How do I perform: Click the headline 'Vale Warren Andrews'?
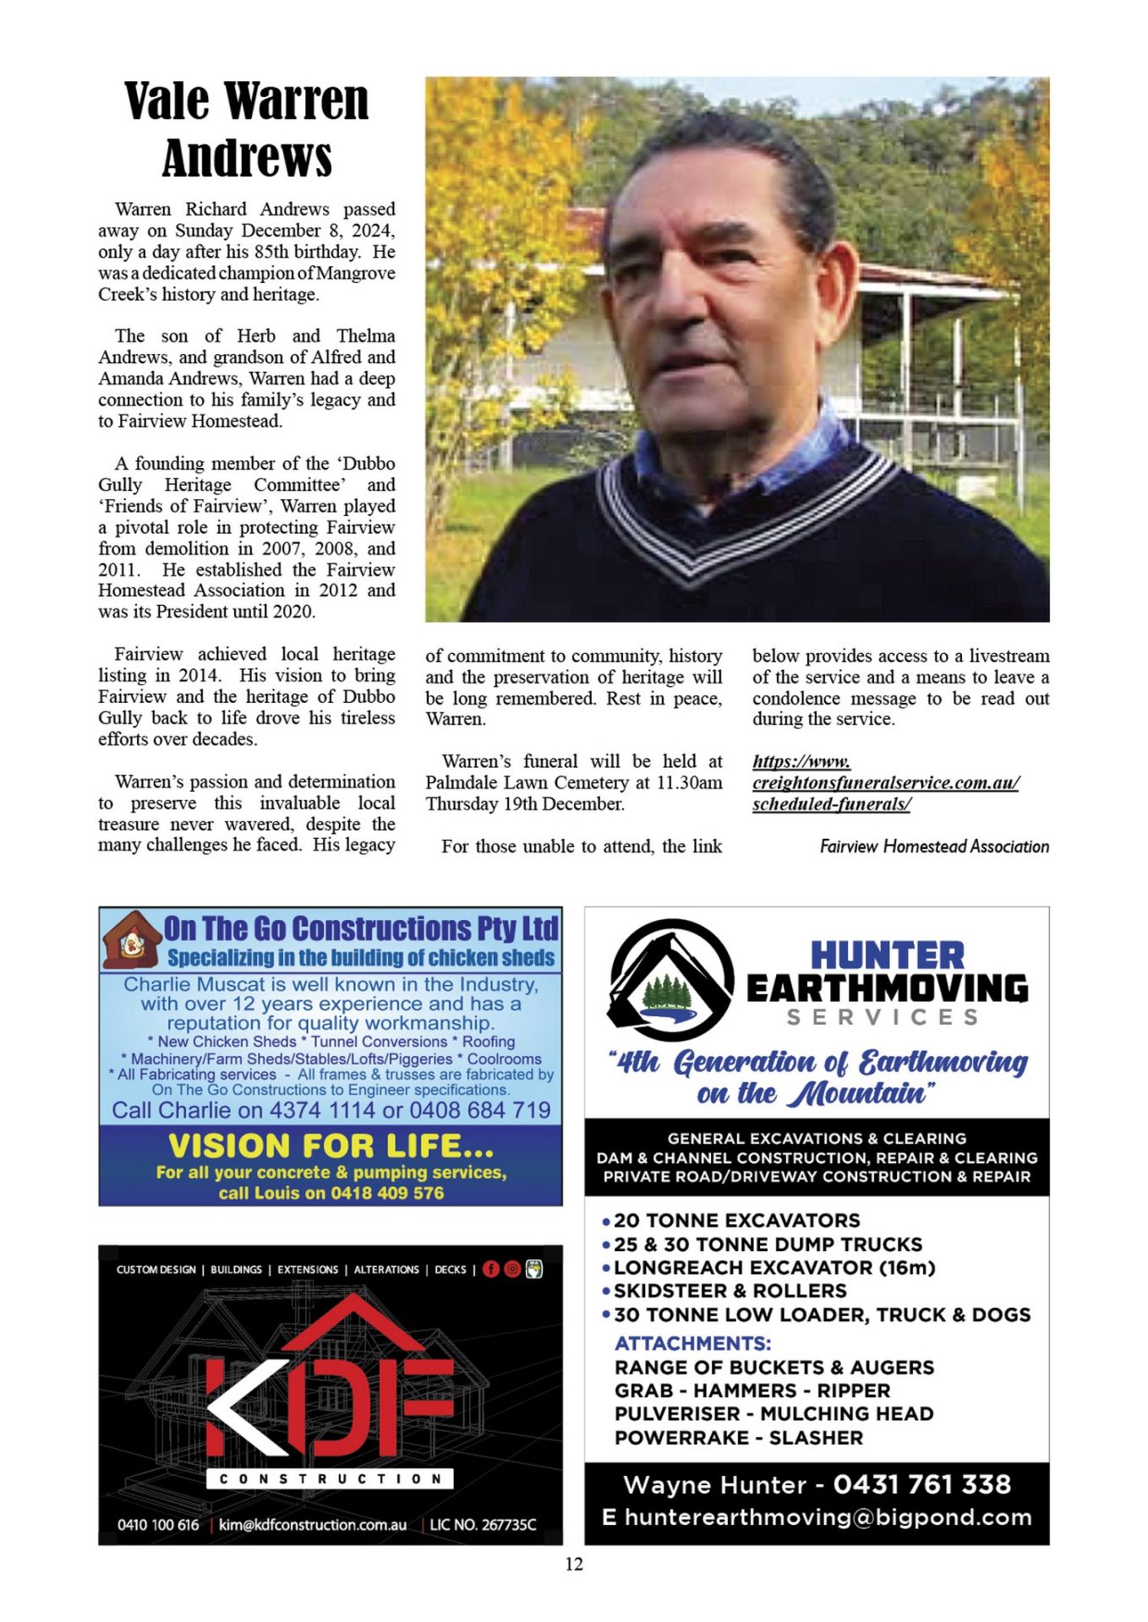(x=246, y=128)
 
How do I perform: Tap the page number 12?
(x=574, y=1564)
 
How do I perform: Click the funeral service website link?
(x=885, y=782)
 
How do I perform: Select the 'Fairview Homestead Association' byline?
(x=934, y=846)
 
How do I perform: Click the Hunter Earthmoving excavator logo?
(x=671, y=979)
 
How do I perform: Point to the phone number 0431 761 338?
(x=922, y=1484)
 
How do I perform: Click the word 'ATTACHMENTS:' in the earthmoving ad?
(x=692, y=1343)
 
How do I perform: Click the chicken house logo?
(x=130, y=940)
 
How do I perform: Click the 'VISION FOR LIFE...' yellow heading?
(x=331, y=1146)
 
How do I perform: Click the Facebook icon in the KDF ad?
(x=490, y=1269)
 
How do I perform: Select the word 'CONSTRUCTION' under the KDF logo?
(x=330, y=1478)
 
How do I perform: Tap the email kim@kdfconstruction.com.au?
(x=313, y=1525)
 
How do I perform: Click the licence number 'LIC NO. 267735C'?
(x=483, y=1525)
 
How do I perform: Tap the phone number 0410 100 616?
(x=158, y=1525)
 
